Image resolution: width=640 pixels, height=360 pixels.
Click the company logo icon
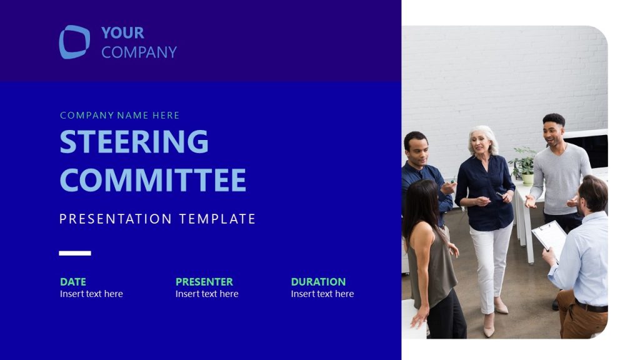click(74, 42)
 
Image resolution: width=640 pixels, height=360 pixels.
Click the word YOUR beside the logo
click(122, 32)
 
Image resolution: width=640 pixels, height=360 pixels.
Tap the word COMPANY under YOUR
click(139, 52)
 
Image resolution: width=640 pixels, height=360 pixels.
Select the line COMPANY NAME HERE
click(119, 116)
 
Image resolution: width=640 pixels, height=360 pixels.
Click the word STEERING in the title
click(134, 142)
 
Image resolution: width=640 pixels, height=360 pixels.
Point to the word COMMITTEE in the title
click(152, 180)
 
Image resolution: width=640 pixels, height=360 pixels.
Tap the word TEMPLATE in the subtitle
click(217, 219)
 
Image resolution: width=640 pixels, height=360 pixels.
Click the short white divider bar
click(75, 253)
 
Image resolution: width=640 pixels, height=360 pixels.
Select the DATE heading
click(73, 282)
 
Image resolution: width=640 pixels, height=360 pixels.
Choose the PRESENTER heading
click(204, 282)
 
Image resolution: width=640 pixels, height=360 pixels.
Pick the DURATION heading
click(318, 282)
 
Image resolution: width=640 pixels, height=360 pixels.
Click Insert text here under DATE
click(91, 294)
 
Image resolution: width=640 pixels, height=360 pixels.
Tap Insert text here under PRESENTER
click(207, 294)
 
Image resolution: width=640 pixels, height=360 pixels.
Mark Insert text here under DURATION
click(322, 294)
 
